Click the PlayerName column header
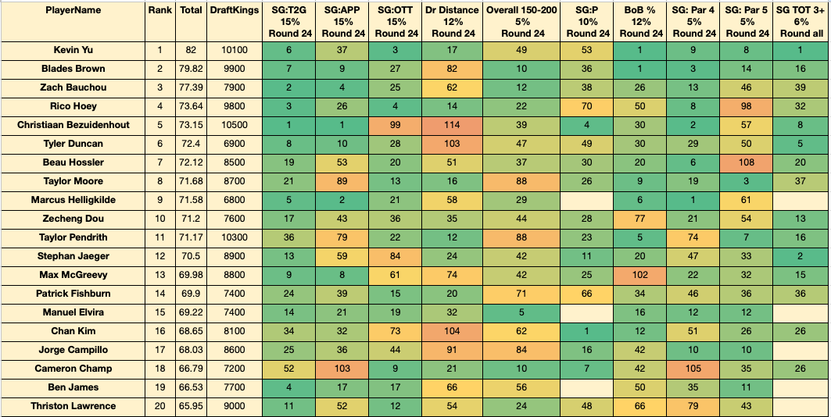(x=73, y=10)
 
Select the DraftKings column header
(x=235, y=10)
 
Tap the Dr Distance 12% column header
(x=452, y=22)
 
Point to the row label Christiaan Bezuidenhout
(x=73, y=125)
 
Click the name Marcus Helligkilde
(x=73, y=200)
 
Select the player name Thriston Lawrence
(x=73, y=406)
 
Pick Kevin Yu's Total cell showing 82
(x=191, y=50)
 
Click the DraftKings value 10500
(x=235, y=125)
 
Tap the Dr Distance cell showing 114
(x=452, y=125)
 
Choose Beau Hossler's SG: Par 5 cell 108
(x=747, y=162)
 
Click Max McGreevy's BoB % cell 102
(x=641, y=275)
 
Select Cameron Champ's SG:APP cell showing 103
(x=342, y=369)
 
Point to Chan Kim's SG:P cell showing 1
(x=589, y=331)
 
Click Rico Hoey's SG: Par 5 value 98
(x=747, y=106)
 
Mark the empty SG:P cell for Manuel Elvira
(x=589, y=312)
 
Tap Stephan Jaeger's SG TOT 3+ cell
(x=801, y=256)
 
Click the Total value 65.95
(x=191, y=406)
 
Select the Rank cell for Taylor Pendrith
(x=160, y=237)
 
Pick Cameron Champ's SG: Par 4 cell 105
(x=693, y=369)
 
